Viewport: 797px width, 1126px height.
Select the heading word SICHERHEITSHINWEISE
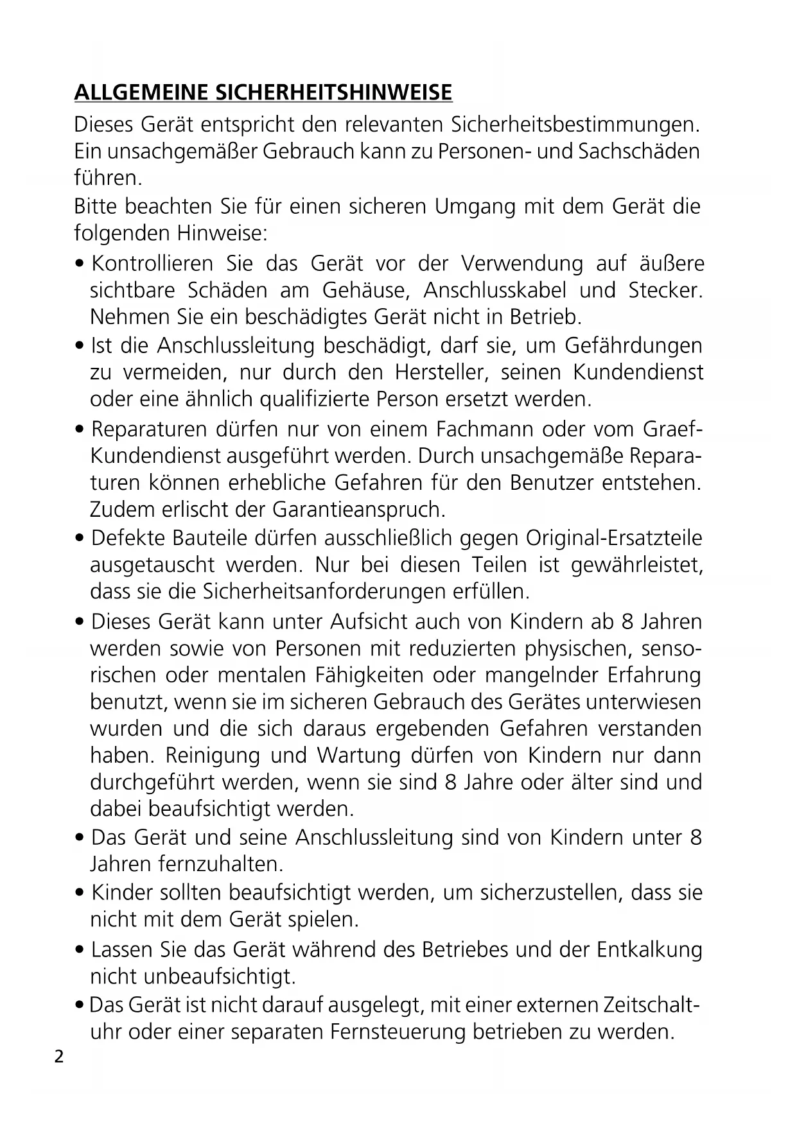(x=332, y=93)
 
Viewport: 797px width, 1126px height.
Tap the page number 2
(x=59, y=1057)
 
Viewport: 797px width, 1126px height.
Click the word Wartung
(x=356, y=755)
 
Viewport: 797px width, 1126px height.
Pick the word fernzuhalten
(x=220, y=864)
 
